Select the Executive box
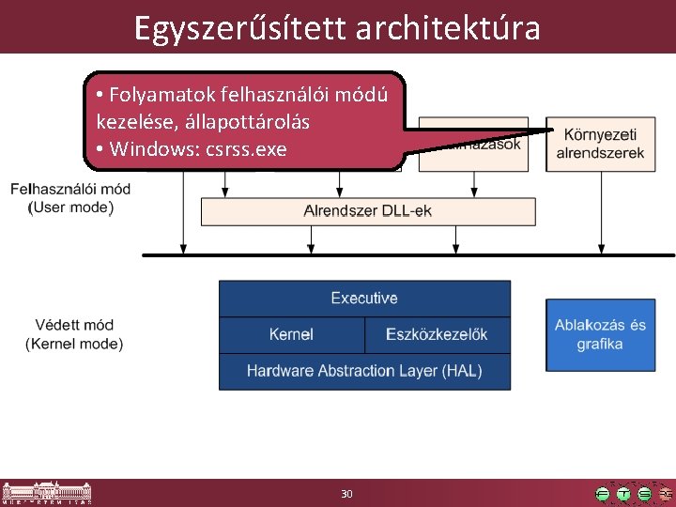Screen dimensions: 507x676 [x=364, y=299]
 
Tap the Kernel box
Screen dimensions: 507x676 [x=291, y=334]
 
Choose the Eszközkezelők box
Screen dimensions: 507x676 [x=437, y=334]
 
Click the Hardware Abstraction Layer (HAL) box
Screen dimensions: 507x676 [x=364, y=371]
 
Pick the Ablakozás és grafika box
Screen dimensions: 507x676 [x=600, y=334]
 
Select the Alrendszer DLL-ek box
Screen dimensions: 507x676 [x=368, y=211]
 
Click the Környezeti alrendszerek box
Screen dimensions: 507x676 [x=600, y=145]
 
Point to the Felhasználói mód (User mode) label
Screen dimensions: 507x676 [x=70, y=197]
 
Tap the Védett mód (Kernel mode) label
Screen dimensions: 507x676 [x=74, y=334]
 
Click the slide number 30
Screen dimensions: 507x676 [x=346, y=494]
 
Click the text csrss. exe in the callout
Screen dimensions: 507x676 [x=248, y=149]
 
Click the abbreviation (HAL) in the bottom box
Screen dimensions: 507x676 [x=457, y=371]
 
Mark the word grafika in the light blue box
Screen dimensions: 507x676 [x=600, y=345]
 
